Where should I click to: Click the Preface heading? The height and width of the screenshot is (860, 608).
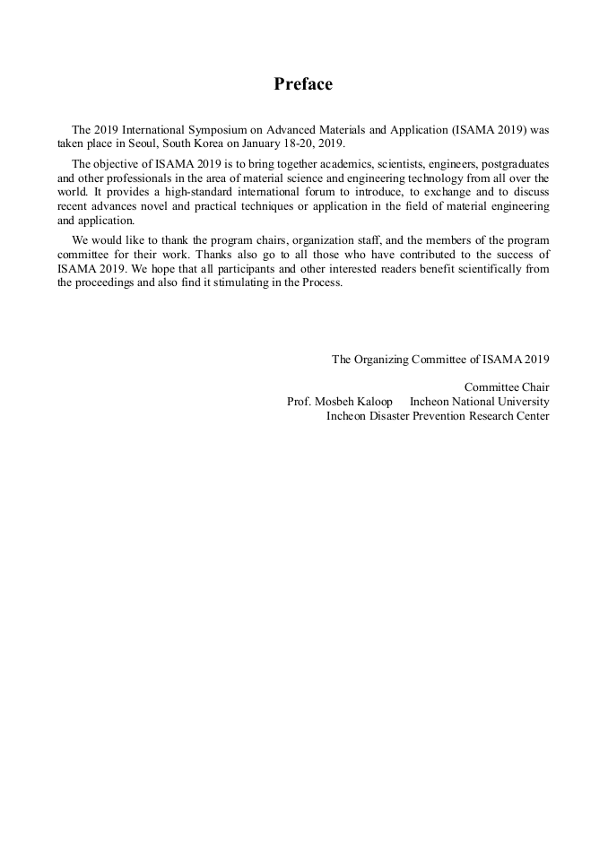coord(303,84)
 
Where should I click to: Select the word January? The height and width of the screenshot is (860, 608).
coord(262,143)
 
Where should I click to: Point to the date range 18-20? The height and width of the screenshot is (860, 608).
coord(303,143)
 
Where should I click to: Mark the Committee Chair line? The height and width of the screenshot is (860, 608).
coord(507,387)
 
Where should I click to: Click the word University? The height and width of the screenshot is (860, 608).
coord(522,402)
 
